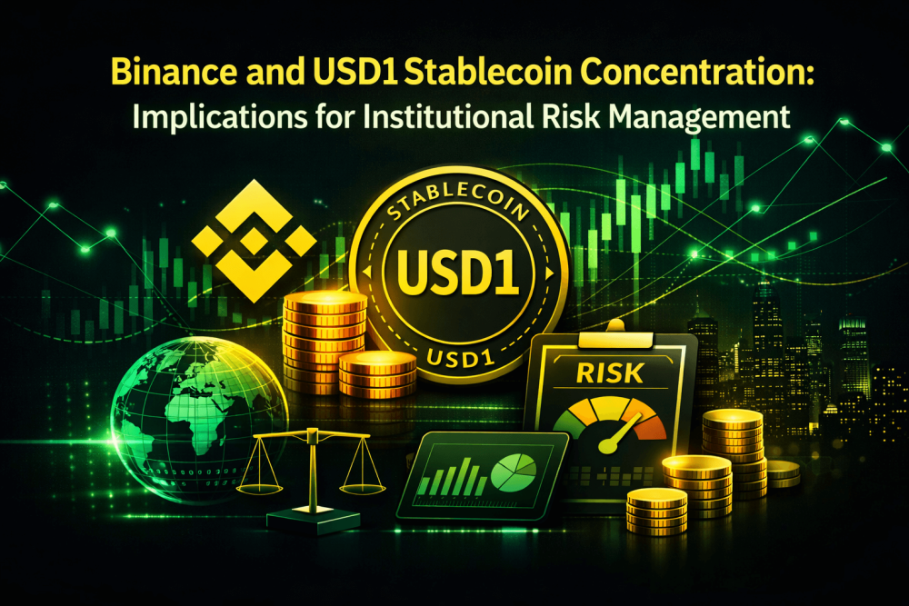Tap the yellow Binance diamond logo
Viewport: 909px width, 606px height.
click(x=254, y=240)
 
